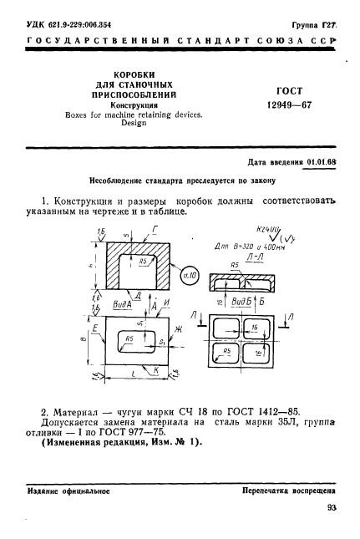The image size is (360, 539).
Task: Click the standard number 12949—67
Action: point(289,108)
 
